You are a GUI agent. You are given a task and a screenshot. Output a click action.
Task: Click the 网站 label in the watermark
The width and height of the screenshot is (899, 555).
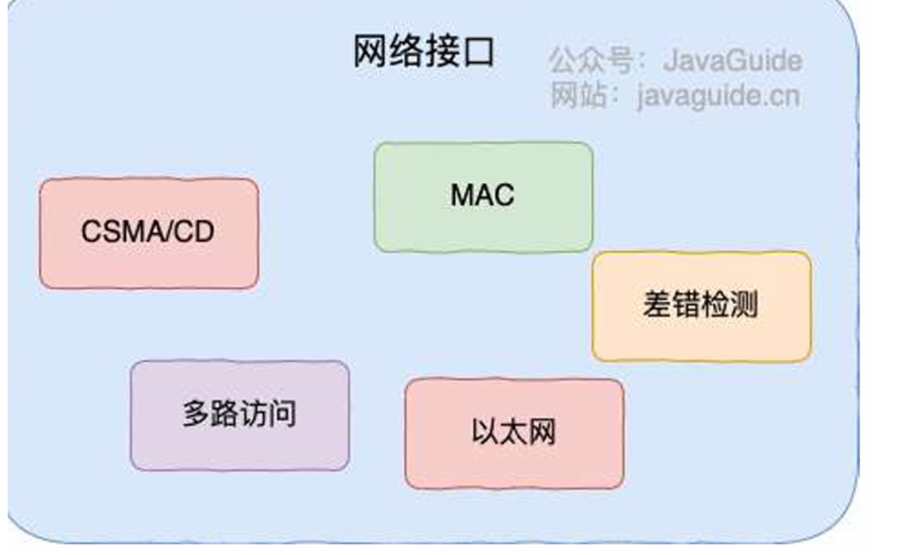click(x=576, y=98)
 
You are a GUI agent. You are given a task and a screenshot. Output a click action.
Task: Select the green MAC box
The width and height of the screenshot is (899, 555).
click(x=483, y=197)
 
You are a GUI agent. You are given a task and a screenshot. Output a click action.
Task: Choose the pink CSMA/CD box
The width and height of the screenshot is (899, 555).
click(x=148, y=234)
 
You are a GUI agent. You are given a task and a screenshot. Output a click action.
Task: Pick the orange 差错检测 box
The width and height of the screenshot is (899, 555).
click(x=701, y=306)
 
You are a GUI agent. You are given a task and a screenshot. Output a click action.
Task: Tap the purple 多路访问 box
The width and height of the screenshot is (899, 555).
click(x=239, y=415)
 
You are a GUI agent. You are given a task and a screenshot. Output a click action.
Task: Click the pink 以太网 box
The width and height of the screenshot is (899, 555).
click(x=514, y=434)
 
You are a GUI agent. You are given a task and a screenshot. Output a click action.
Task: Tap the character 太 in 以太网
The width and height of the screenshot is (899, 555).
click(x=513, y=434)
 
